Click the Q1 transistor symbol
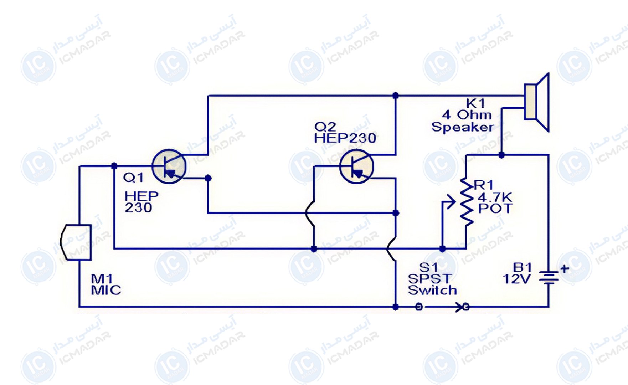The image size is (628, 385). (169, 166)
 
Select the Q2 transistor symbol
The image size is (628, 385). (356, 166)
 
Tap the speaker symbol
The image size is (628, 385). (536, 102)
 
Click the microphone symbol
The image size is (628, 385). (76, 242)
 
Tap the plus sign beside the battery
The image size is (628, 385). (565, 269)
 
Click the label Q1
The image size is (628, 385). (133, 178)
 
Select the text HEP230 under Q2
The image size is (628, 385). (345, 138)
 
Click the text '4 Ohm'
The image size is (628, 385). (467, 115)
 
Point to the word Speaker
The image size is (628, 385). (463, 127)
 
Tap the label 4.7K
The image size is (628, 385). (495, 197)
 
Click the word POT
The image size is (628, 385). (495, 209)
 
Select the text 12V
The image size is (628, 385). (516, 279)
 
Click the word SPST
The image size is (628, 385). (429, 279)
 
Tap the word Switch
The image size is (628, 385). (432, 290)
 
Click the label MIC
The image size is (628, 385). (106, 290)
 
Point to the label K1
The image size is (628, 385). (475, 103)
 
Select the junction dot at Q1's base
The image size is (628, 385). (114, 166)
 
